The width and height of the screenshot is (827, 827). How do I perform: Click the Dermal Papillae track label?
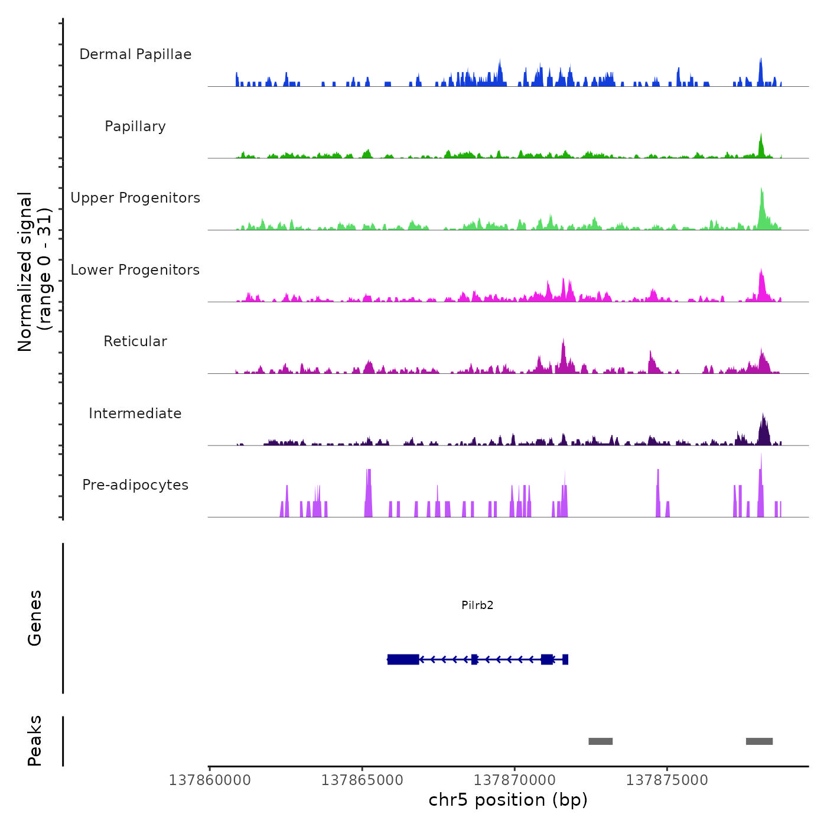tap(135, 54)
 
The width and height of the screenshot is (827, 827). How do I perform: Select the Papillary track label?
tap(135, 126)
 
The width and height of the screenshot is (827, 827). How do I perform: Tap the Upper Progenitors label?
tap(135, 198)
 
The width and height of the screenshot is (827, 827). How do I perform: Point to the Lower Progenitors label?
tap(135, 270)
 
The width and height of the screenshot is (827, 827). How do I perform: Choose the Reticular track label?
tap(135, 341)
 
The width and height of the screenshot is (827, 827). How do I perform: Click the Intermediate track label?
tap(135, 413)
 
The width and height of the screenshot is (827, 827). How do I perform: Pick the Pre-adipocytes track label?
tap(135, 485)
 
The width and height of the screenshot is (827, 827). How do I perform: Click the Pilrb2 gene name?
tap(477, 605)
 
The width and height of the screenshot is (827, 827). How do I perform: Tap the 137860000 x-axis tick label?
tap(210, 780)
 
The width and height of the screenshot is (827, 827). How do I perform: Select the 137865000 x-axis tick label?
tap(362, 780)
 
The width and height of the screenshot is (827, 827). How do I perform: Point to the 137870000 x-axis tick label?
tap(515, 780)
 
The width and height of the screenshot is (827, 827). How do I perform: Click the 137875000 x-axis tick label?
tap(667, 780)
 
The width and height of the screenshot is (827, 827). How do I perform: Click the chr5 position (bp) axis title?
tap(508, 800)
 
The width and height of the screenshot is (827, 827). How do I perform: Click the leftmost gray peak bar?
tap(600, 741)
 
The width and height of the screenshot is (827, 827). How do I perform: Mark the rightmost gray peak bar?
tap(759, 741)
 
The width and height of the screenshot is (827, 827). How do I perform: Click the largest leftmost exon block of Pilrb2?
tap(403, 659)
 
